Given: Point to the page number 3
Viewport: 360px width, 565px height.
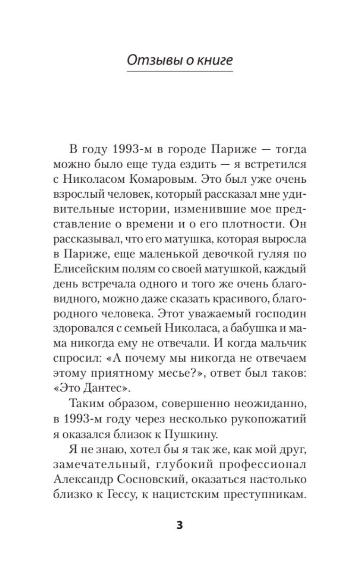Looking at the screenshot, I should click(180, 525).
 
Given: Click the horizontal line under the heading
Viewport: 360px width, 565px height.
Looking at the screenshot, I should click(180, 72).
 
